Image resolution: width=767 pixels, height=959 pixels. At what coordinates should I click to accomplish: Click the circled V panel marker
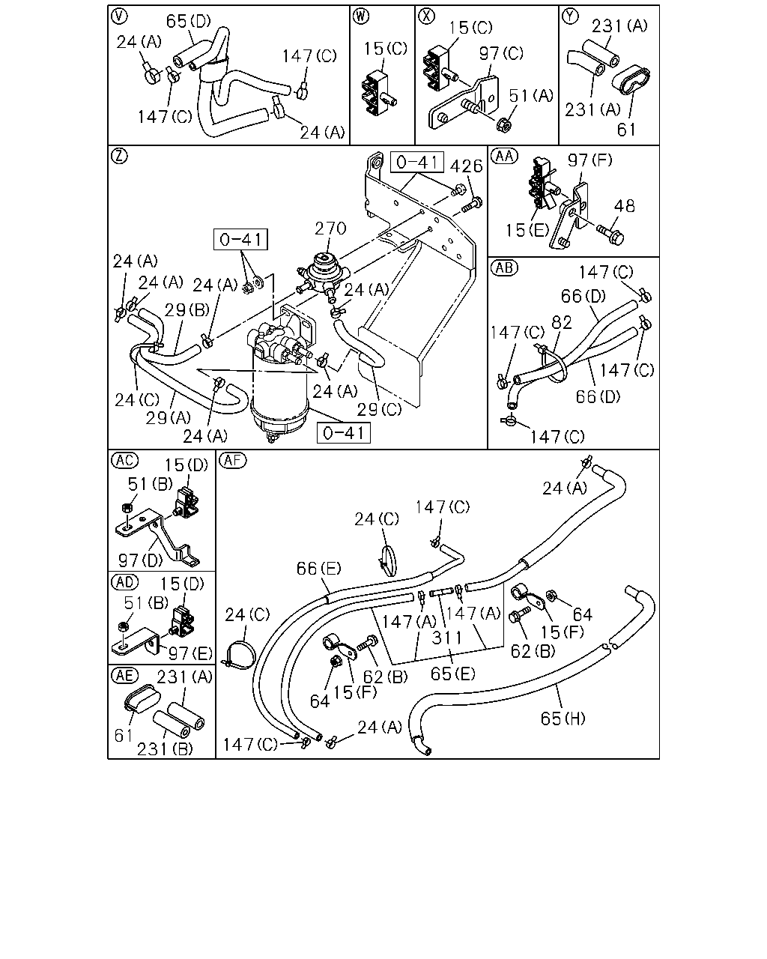[119, 16]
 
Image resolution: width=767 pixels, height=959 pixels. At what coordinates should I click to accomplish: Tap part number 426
[466, 166]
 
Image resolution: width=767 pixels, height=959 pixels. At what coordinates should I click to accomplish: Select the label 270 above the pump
[330, 229]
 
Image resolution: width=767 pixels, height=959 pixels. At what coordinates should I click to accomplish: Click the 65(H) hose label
[563, 719]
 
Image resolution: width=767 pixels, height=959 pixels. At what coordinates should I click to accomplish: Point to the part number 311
[446, 638]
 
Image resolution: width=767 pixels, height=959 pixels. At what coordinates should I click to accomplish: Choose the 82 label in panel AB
[562, 323]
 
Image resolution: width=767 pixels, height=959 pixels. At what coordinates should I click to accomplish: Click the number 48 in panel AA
[624, 206]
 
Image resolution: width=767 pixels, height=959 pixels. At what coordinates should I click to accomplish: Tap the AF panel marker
[233, 460]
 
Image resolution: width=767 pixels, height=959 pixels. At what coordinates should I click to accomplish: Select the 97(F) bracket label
[589, 160]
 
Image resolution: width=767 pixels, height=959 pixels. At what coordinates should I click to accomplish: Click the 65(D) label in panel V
[188, 21]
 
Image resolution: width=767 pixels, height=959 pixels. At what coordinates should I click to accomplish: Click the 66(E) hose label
[318, 568]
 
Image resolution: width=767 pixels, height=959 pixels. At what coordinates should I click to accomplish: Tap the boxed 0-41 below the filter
[343, 433]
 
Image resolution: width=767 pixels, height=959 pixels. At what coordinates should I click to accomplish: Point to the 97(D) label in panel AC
[140, 560]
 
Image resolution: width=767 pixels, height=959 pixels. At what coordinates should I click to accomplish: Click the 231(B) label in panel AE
[165, 749]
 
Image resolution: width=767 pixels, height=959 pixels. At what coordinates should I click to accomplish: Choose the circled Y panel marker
[570, 16]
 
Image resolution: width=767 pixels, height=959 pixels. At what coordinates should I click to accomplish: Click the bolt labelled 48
[610, 235]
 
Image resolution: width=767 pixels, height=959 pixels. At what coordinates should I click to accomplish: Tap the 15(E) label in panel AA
[527, 231]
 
